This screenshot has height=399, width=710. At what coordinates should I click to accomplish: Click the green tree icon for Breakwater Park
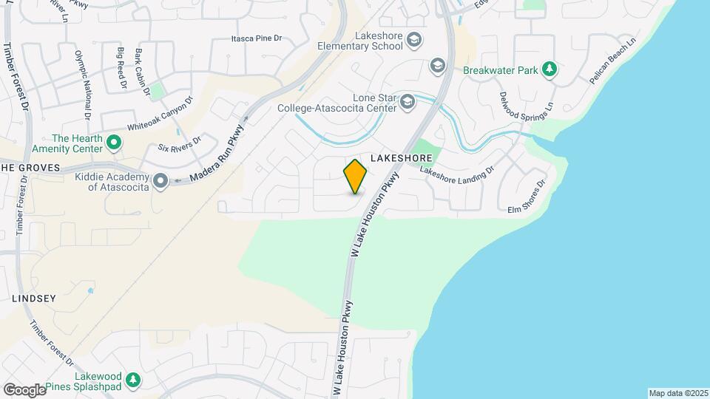coord(549,69)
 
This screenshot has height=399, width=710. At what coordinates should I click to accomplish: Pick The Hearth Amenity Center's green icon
coord(113,142)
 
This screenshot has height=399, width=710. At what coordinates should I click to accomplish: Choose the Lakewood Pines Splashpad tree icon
coord(132,380)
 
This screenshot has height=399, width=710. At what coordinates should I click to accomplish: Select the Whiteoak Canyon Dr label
coord(160,115)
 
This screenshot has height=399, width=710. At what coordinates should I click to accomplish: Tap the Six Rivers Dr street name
coord(180,144)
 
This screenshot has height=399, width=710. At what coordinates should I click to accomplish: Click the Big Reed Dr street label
coord(121,66)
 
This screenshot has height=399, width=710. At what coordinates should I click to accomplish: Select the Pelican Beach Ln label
coord(613,61)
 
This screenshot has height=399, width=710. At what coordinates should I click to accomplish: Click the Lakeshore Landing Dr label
coord(456,172)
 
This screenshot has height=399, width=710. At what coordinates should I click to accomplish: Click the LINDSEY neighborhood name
coord(34,299)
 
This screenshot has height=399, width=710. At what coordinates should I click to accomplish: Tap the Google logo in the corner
coord(24,389)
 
